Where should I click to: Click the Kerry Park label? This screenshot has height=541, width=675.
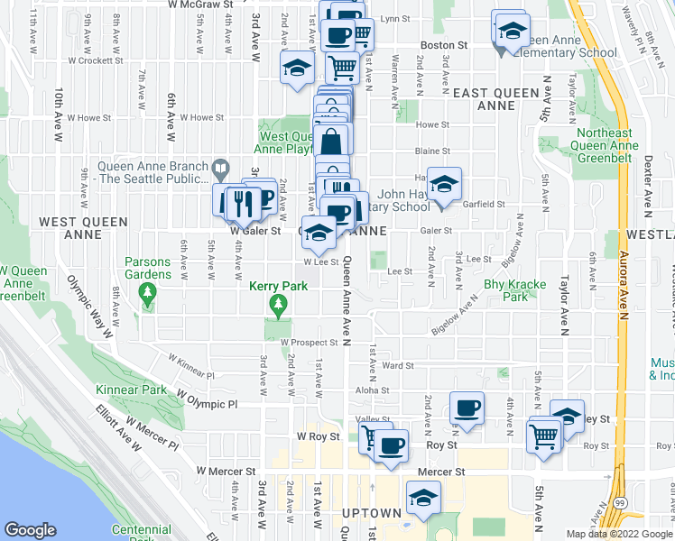pos(278,287)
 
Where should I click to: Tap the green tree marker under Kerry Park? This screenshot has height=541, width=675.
pos(278,308)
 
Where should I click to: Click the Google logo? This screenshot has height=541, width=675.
pos(31,530)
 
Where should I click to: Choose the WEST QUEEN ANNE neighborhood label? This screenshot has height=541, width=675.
pos(69,226)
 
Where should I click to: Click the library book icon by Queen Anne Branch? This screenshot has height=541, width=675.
pos(220,167)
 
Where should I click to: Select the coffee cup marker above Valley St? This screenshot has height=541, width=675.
pos(467,408)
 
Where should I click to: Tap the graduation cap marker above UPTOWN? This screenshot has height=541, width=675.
pos(422,497)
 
